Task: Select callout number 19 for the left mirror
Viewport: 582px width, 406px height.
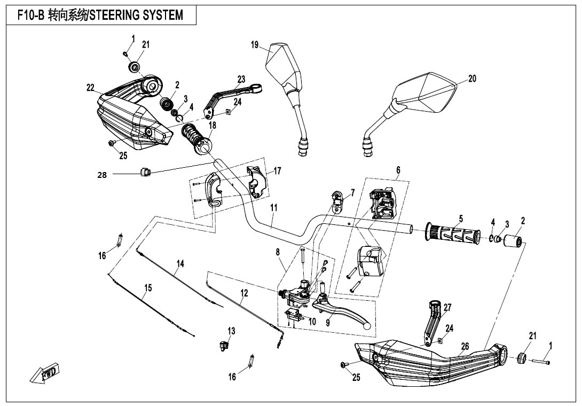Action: tap(255, 45)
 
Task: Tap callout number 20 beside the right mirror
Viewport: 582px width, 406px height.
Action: tap(472, 79)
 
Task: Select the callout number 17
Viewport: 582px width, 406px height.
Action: tap(277, 171)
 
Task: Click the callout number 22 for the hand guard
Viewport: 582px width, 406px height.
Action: tap(91, 88)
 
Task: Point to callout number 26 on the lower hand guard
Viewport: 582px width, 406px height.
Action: tap(465, 347)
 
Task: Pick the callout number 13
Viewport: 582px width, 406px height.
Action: tap(231, 331)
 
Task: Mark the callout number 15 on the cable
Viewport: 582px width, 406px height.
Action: tap(148, 288)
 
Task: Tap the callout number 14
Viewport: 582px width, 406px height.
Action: tap(180, 263)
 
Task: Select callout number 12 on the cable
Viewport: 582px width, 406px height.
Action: tap(244, 293)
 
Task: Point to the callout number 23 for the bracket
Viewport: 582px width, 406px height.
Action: tap(241, 80)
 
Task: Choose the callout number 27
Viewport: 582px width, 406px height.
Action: tap(447, 308)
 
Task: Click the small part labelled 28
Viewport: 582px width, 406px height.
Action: tap(144, 171)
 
